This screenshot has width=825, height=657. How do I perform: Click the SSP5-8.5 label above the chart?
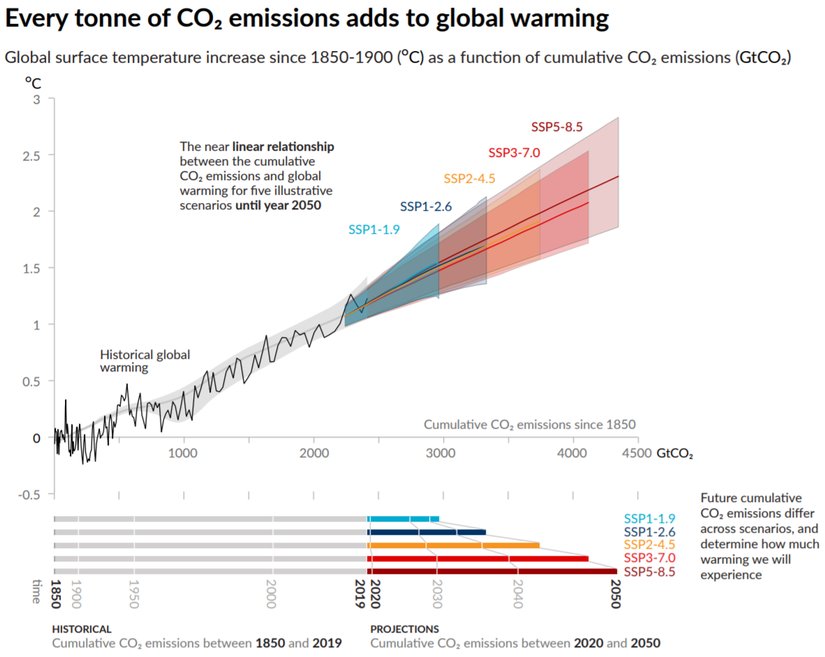pyautogui.click(x=556, y=127)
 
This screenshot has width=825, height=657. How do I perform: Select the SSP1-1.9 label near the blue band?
pyautogui.click(x=374, y=229)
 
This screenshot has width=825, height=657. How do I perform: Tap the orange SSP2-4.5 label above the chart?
pyautogui.click(x=469, y=179)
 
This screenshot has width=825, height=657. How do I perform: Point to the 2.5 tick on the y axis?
pyautogui.click(x=32, y=156)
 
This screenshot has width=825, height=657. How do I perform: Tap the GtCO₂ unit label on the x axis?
pyautogui.click(x=675, y=454)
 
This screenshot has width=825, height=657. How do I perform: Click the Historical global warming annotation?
pyautogui.click(x=144, y=361)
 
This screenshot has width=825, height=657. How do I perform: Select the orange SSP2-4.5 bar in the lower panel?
pyautogui.click(x=455, y=545)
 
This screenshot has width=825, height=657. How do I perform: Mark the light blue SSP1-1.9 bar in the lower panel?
pyautogui.click(x=404, y=518)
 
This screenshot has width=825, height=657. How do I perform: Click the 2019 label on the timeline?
pyautogui.click(x=361, y=589)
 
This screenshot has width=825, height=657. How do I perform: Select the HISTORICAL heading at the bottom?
pyautogui.click(x=82, y=629)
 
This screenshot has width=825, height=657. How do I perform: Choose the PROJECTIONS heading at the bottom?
pyautogui.click(x=404, y=629)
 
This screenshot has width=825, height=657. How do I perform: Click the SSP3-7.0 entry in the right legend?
pyautogui.click(x=650, y=557)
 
